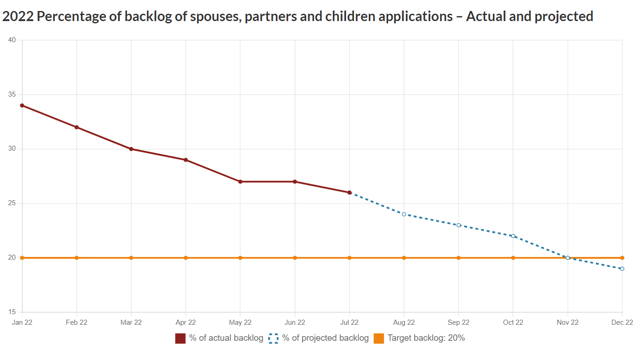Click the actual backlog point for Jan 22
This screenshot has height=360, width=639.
click(x=22, y=105)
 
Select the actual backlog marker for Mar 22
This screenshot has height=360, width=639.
click(x=131, y=149)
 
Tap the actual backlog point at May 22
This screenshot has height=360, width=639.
click(x=240, y=182)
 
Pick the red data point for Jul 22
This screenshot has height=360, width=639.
click(x=349, y=192)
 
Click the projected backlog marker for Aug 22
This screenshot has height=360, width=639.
click(x=404, y=214)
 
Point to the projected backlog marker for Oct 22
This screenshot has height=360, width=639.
click(x=513, y=236)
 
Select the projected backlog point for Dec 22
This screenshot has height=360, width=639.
click(x=622, y=269)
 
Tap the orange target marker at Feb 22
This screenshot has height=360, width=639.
click(x=76, y=258)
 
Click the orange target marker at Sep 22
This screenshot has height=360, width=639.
click(x=459, y=258)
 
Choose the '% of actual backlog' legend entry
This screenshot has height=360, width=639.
click(x=220, y=338)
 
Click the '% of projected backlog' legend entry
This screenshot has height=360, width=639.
click(x=319, y=338)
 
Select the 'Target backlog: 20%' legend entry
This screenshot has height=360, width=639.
click(x=419, y=338)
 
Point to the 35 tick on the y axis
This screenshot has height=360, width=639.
click(x=11, y=94)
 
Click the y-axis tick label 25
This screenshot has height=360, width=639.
click(x=11, y=203)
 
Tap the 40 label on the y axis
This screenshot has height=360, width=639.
click(x=11, y=40)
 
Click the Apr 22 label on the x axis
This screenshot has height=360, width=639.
click(x=185, y=322)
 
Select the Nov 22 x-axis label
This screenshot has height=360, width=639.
click(x=568, y=322)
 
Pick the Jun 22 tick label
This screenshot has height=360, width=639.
click(x=295, y=322)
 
